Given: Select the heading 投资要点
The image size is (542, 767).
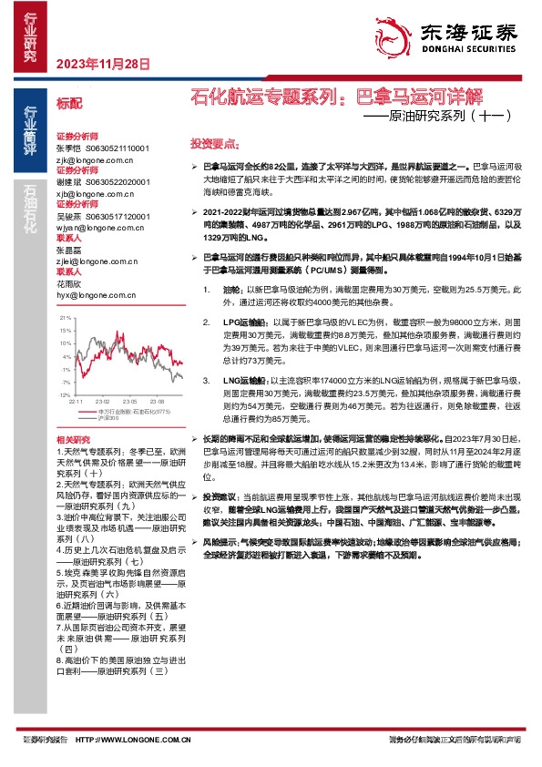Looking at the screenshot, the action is [x=214, y=144].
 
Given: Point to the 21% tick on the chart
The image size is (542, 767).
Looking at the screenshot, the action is [x=65, y=317].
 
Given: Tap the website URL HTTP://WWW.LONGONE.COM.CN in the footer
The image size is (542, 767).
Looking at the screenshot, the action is [x=132, y=741].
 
